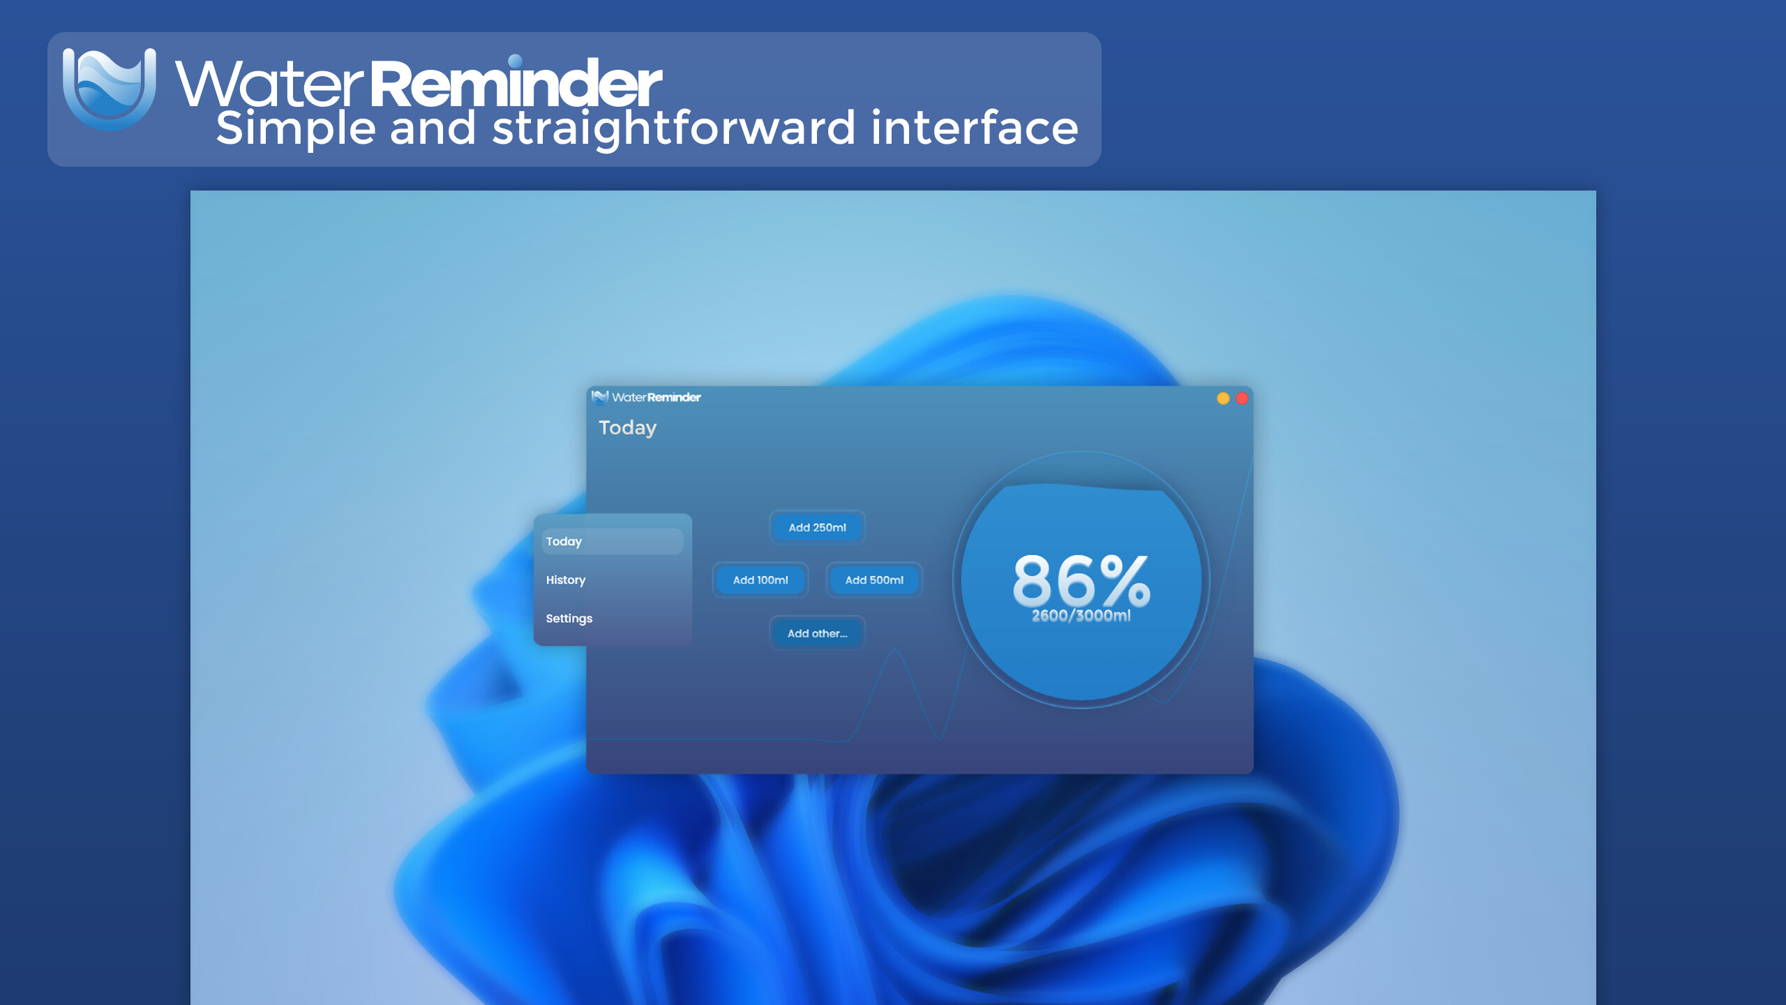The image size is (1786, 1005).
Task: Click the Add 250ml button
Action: [x=817, y=528]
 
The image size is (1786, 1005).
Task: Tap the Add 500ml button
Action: [x=874, y=580]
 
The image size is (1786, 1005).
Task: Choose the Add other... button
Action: [x=817, y=634]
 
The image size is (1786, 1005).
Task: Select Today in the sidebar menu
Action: [x=612, y=542]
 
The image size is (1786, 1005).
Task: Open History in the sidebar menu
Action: [x=566, y=580]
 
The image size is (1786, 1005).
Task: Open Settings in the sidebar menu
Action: [x=569, y=618]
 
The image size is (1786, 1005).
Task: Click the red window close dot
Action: [x=1242, y=398]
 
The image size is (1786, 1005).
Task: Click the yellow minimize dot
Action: [x=1223, y=398]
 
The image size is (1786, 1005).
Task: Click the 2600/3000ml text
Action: [x=1081, y=616]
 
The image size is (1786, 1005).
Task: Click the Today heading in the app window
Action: [x=627, y=427]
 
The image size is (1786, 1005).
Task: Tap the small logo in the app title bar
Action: [x=599, y=397]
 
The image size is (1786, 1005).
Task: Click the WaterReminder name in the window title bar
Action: [x=656, y=397]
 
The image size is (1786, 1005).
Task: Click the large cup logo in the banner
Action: [x=110, y=88]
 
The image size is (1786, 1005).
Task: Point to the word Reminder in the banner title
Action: [x=515, y=84]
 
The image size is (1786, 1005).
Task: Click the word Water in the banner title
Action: [x=269, y=84]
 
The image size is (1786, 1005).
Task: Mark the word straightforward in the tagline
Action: [x=673, y=129]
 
